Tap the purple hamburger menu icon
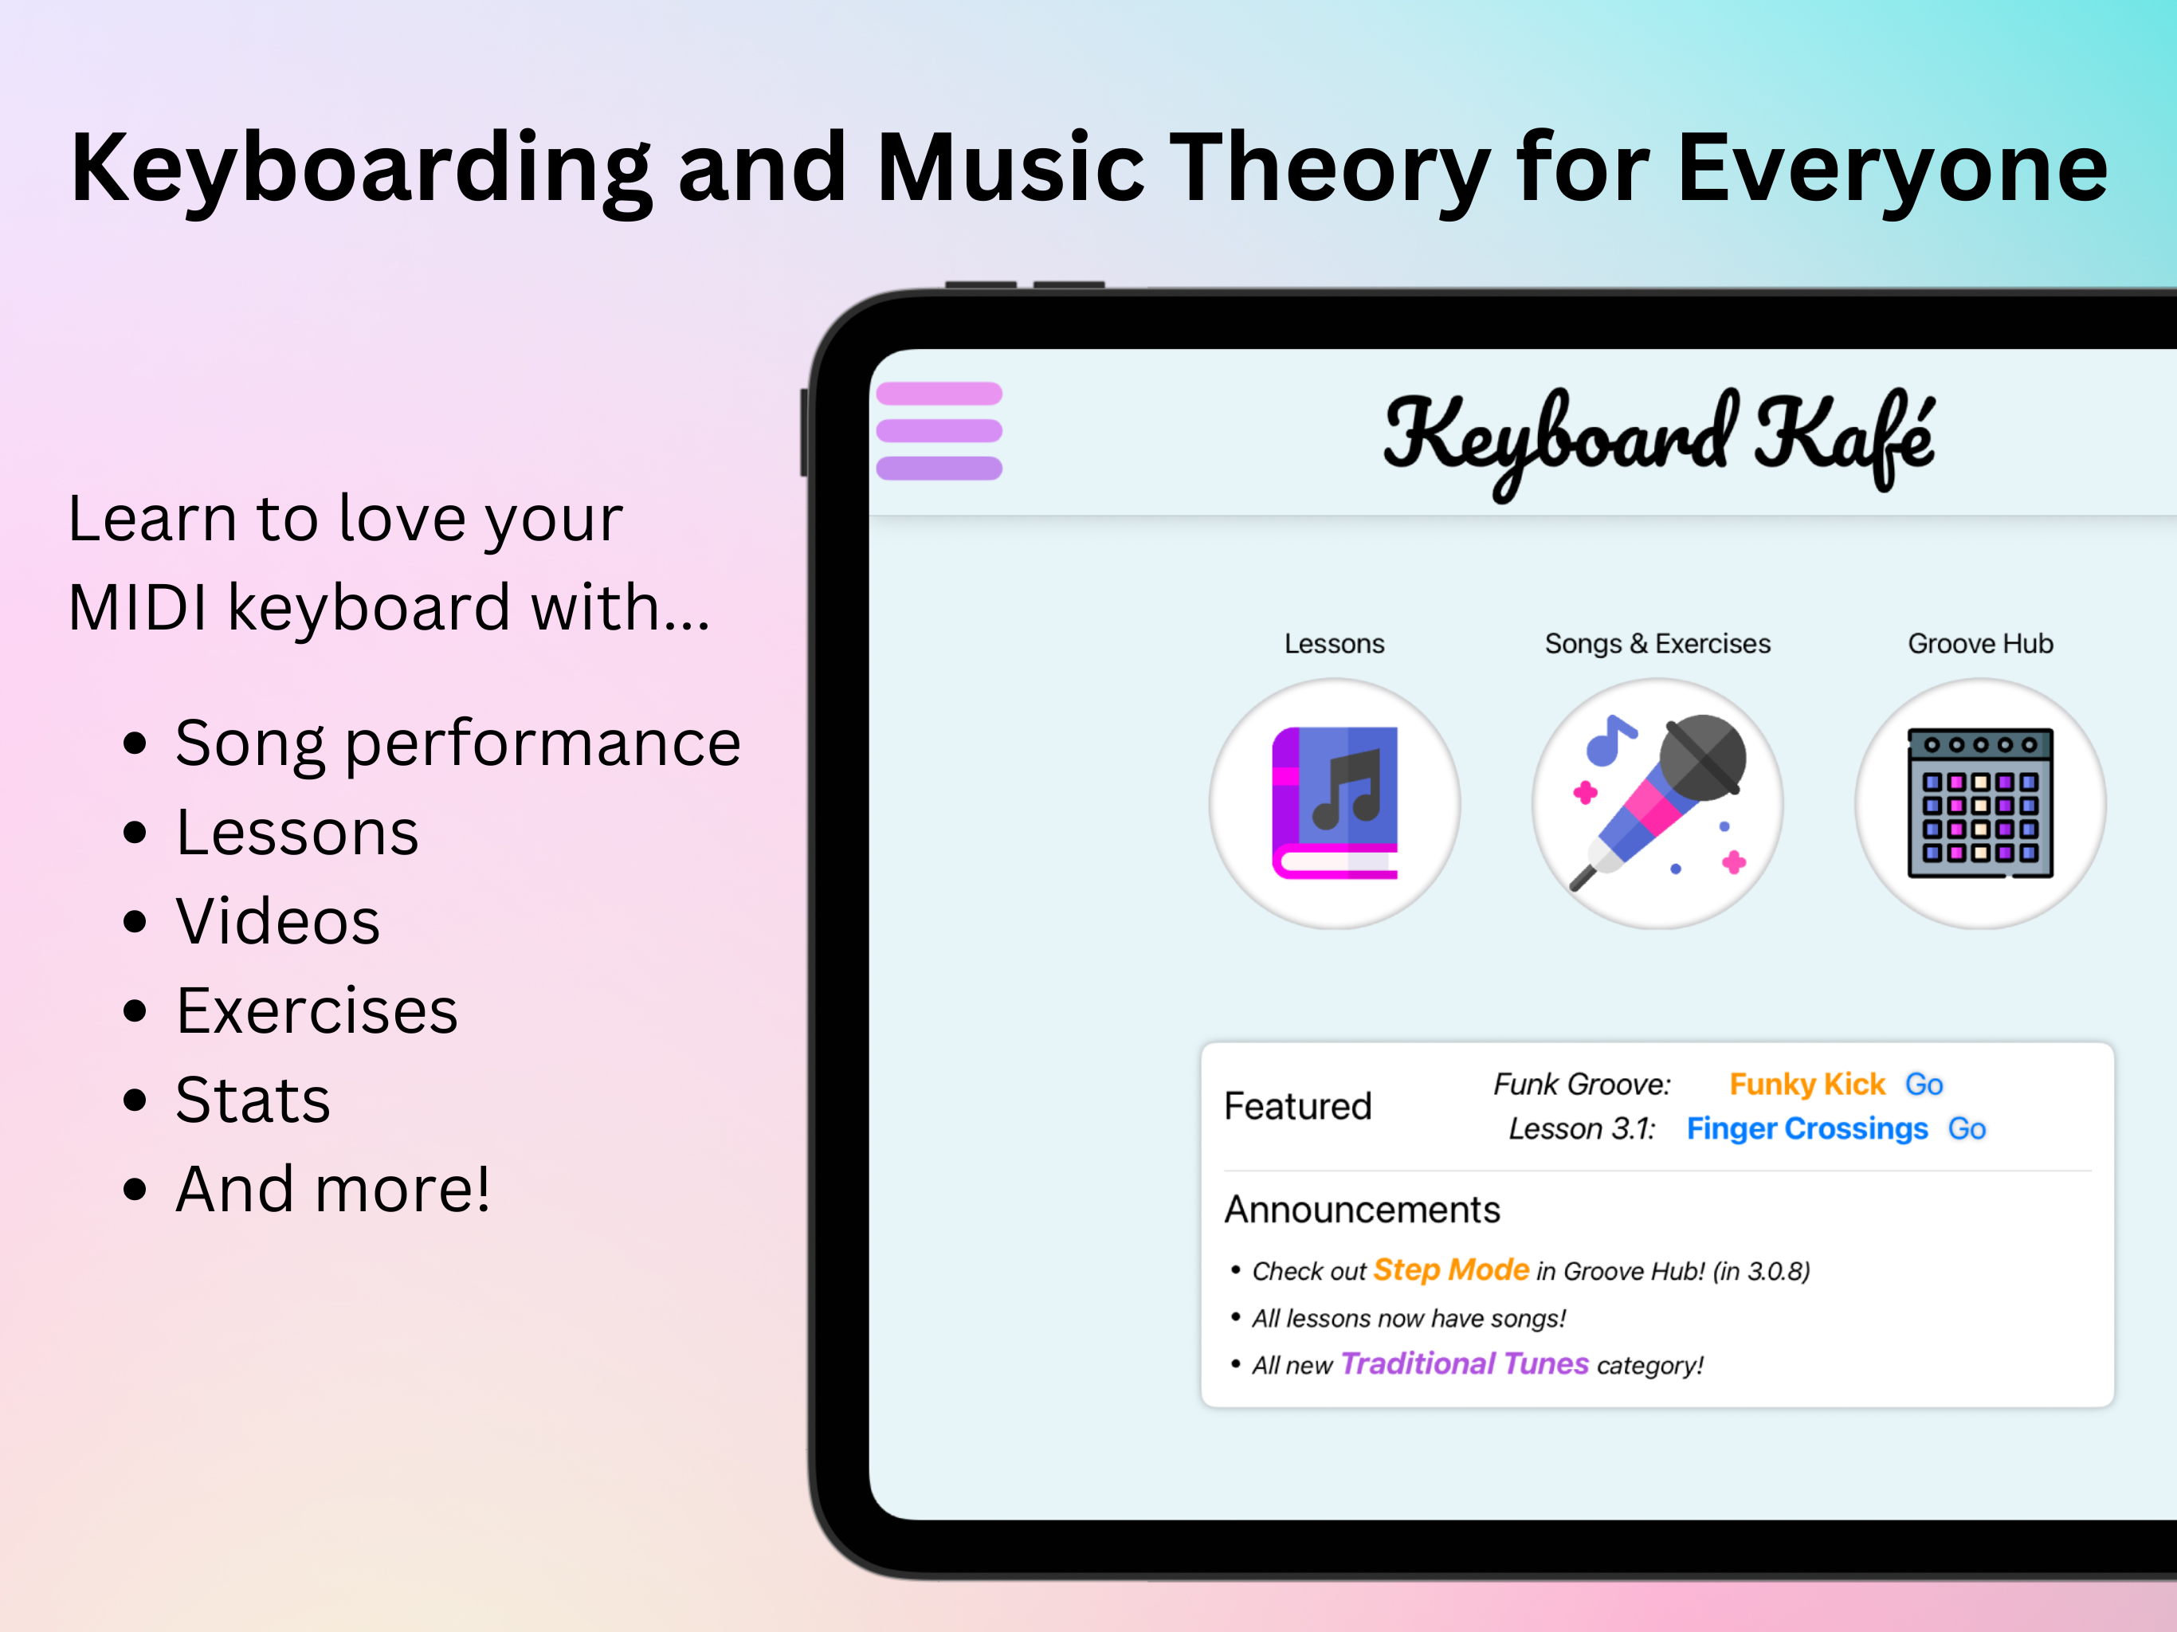pyautogui.click(x=939, y=431)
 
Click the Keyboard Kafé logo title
pyautogui.click(x=1659, y=441)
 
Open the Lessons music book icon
pyautogui.click(x=1335, y=803)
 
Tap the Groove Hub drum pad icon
pyautogui.click(x=1980, y=803)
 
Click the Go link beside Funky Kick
pyautogui.click(x=1924, y=1084)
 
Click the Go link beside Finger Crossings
pyautogui.click(x=1967, y=1128)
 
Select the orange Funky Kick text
pyautogui.click(x=1807, y=1084)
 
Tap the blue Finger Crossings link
pyautogui.click(x=1807, y=1129)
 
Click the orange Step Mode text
pyautogui.click(x=1452, y=1269)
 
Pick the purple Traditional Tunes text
pyautogui.click(x=1465, y=1363)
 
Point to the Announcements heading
pyautogui.click(x=1362, y=1210)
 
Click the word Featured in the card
pyautogui.click(x=1297, y=1106)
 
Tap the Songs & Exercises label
pyautogui.click(x=1657, y=644)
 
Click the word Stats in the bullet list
pyautogui.click(x=253, y=1100)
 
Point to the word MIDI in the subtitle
pyautogui.click(x=138, y=607)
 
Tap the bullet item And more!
pyautogui.click(x=332, y=1189)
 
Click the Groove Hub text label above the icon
pyautogui.click(x=1980, y=644)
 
